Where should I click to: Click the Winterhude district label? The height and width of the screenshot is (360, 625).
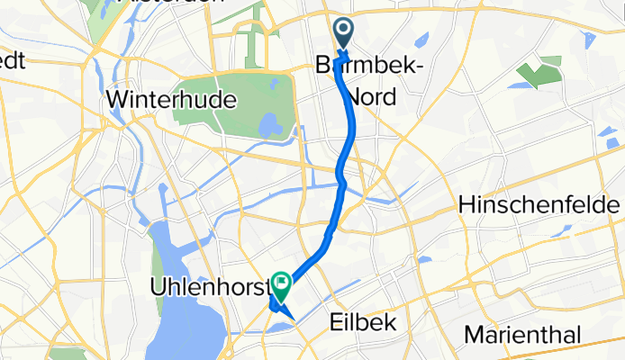click(170, 99)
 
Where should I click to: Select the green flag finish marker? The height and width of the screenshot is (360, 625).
click(282, 286)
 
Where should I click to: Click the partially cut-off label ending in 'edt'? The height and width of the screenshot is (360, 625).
click(14, 60)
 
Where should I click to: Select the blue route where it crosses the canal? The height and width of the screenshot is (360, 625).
click(341, 180)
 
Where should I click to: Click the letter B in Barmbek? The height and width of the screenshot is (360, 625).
click(323, 67)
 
